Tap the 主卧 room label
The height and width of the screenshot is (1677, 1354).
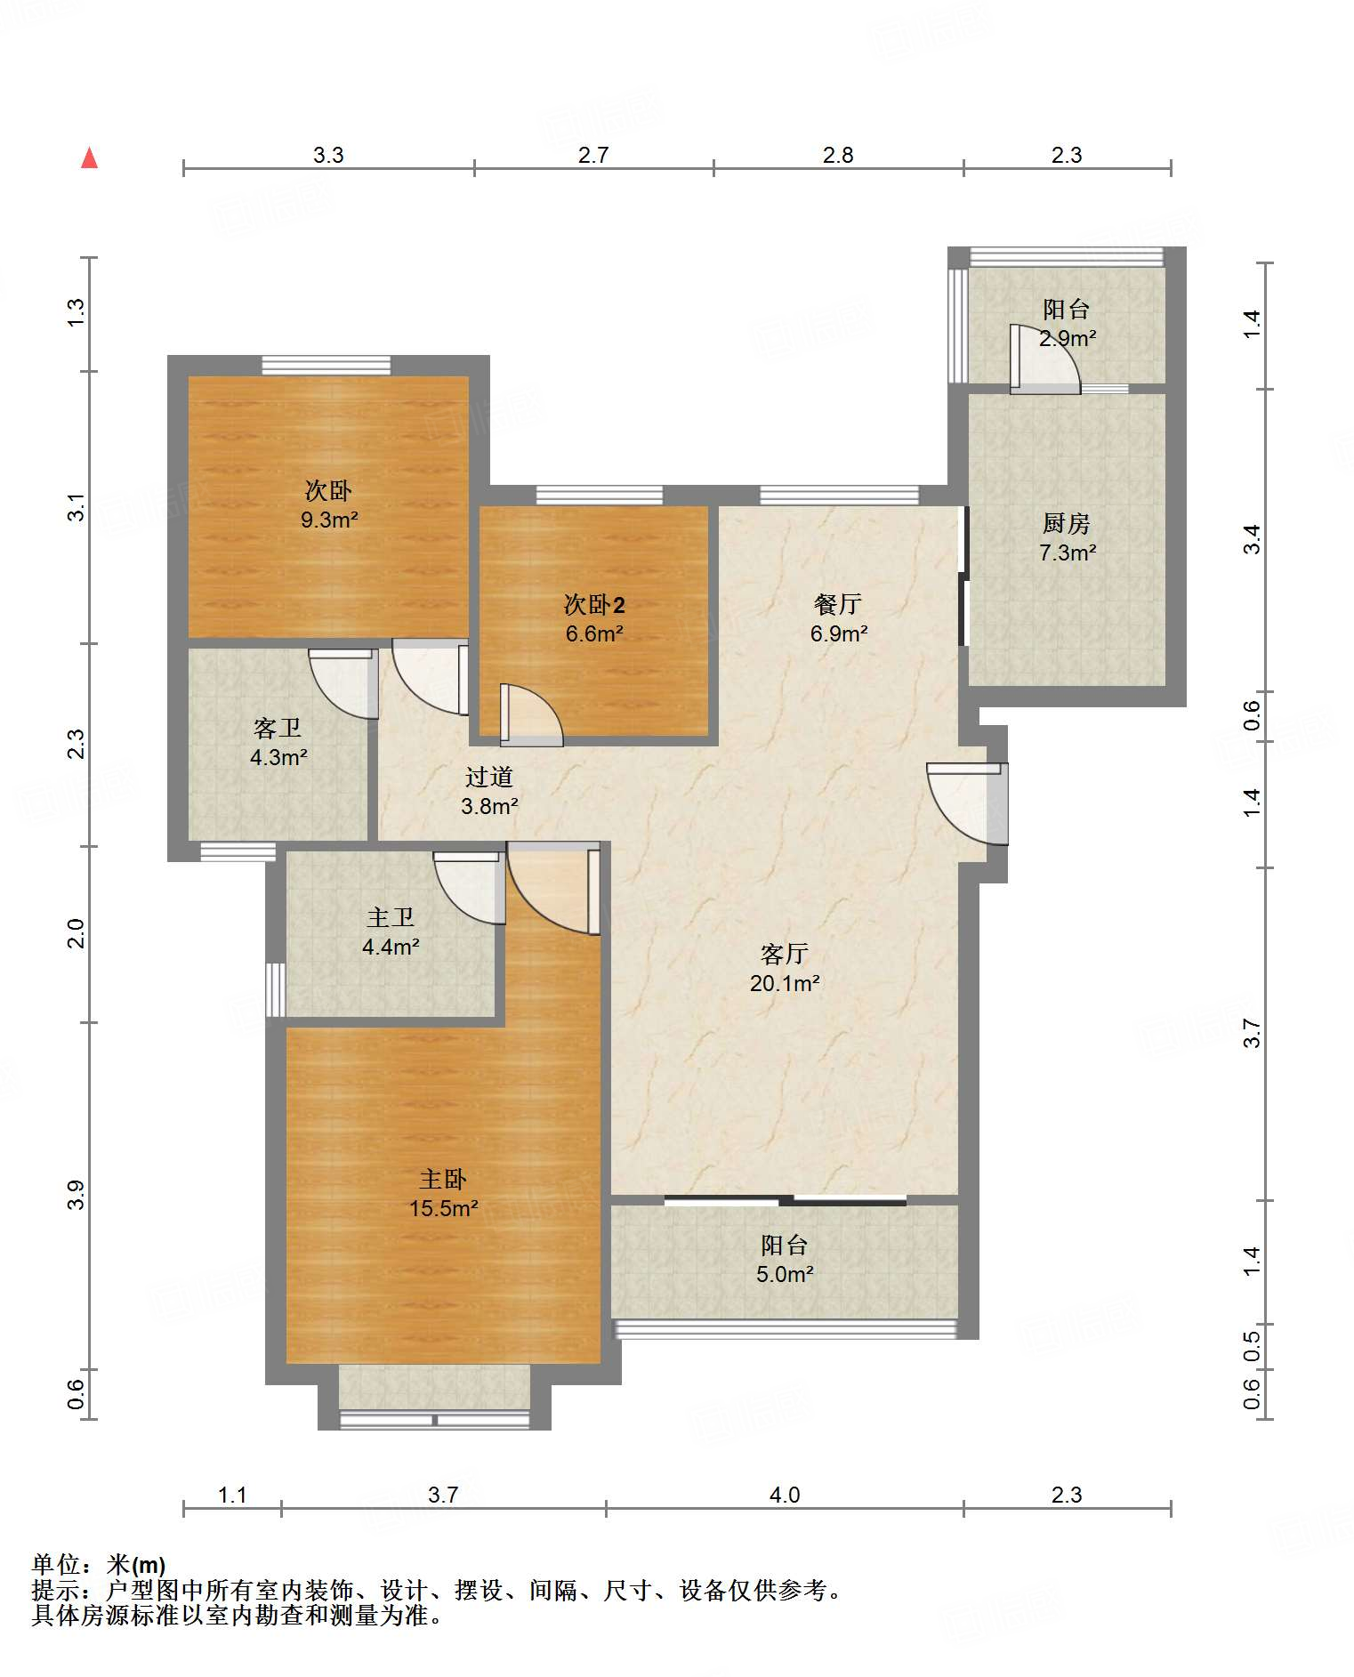pyautogui.click(x=443, y=1180)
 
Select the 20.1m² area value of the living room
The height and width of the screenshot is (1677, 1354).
pyautogui.click(x=785, y=983)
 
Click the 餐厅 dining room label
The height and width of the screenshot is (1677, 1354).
pyautogui.click(x=838, y=605)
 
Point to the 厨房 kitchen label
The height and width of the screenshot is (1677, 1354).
pyautogui.click(x=1067, y=523)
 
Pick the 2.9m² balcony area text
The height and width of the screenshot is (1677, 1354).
pyautogui.click(x=1068, y=338)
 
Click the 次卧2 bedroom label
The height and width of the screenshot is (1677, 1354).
pyautogui.click(x=594, y=605)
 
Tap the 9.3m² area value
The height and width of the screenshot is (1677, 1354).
pyautogui.click(x=329, y=520)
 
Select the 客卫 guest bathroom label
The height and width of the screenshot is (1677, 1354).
pyautogui.click(x=278, y=729)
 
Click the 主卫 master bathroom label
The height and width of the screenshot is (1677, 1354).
pyautogui.click(x=391, y=917)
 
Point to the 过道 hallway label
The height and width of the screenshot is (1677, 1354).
pyautogui.click(x=489, y=778)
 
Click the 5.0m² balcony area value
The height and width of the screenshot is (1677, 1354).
pyautogui.click(x=785, y=1274)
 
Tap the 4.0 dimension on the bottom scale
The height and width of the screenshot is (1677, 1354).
pyautogui.click(x=785, y=1495)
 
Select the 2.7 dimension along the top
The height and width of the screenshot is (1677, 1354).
pyautogui.click(x=593, y=156)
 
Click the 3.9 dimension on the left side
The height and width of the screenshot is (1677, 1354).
pyautogui.click(x=77, y=1195)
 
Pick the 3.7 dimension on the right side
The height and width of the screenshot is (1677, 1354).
pyautogui.click(x=1252, y=1033)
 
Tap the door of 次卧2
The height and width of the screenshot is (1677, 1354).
pyautogui.click(x=531, y=714)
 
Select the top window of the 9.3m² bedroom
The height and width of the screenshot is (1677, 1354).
pyautogui.click(x=326, y=365)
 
